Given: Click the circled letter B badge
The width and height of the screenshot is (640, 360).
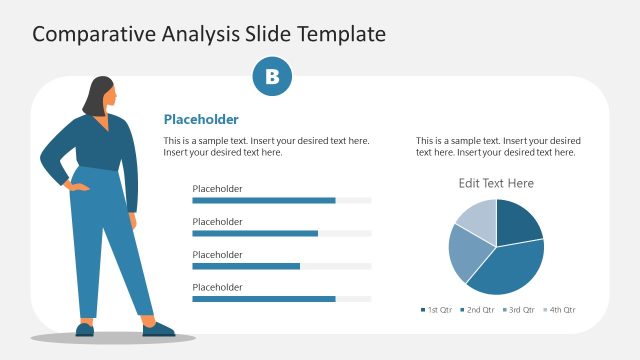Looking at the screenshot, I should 272,77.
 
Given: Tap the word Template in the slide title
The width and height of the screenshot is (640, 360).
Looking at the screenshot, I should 338,34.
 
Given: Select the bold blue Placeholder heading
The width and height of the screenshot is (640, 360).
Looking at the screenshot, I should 201,119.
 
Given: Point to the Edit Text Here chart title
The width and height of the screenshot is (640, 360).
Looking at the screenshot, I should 496,183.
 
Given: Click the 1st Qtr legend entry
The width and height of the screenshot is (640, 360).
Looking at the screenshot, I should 436,310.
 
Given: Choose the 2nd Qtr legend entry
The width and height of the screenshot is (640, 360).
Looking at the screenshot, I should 477,310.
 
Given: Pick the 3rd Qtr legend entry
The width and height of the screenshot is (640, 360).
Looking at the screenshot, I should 518,310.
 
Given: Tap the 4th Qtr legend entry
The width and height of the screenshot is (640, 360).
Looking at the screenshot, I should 559,310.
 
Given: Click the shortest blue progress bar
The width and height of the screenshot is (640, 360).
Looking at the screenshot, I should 246,266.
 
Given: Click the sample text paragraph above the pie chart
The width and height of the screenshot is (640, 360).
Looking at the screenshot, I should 498,146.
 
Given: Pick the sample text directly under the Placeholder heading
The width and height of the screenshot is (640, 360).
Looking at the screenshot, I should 266,146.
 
